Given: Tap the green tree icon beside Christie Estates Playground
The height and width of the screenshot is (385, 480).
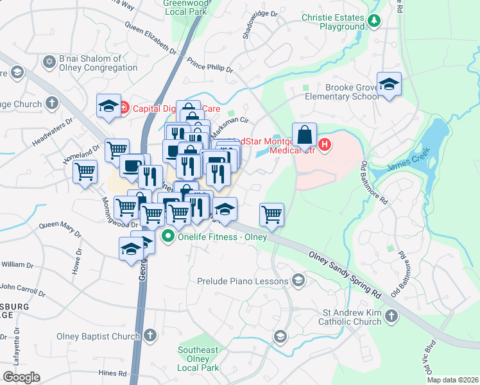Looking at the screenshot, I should [373, 21].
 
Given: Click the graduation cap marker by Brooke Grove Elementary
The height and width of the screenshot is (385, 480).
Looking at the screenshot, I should [389, 85].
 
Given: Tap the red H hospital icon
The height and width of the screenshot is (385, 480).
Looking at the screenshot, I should [325, 145].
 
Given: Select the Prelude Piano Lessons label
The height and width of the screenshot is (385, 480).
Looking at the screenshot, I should [243, 280].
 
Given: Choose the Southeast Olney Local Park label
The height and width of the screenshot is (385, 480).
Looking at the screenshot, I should [199, 359].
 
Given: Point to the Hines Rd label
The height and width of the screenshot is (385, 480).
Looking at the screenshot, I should [113, 373].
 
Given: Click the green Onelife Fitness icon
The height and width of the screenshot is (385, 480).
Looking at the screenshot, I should [169, 235].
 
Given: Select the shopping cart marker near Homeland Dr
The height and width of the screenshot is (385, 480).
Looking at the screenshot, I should [85, 172].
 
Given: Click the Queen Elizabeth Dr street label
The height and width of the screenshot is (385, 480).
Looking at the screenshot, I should [151, 38].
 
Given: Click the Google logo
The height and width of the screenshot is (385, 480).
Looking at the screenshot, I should [21, 377].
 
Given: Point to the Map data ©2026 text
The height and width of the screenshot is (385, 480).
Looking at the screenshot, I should [452, 380].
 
